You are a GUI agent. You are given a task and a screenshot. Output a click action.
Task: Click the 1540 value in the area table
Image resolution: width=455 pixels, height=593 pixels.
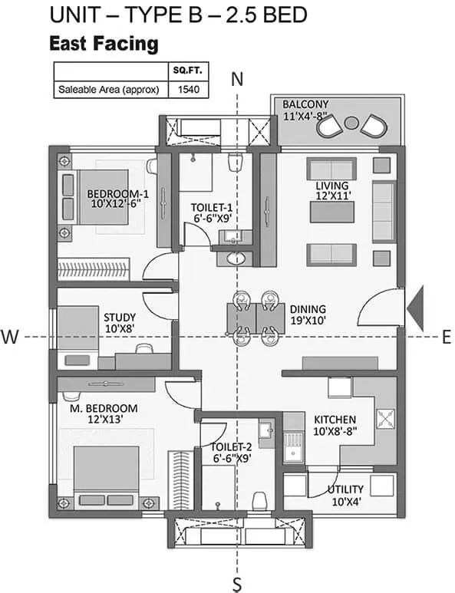[x=188, y=90]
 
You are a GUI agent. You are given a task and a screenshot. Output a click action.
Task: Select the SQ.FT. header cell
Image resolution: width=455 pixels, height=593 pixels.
[x=188, y=71]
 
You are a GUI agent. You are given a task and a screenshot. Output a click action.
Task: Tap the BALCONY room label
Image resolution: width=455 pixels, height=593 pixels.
[x=305, y=104]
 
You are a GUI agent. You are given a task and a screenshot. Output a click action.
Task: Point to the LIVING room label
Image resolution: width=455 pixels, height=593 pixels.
[x=332, y=186]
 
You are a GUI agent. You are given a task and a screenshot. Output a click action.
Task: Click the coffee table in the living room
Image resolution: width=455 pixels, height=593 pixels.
[x=332, y=212]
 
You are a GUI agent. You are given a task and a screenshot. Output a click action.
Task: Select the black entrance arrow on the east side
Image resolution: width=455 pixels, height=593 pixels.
[x=415, y=308]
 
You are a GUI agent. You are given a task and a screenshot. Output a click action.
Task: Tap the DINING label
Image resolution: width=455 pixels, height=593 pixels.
[x=308, y=309]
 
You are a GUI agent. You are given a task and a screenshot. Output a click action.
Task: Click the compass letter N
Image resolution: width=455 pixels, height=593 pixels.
[x=237, y=79]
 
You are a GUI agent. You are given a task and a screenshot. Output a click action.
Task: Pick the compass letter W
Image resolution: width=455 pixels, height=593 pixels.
[x=10, y=336]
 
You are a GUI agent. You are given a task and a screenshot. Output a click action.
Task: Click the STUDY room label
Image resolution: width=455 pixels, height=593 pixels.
[x=120, y=317]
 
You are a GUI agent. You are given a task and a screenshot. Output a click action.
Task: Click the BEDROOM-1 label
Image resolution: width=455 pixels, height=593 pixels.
[x=117, y=194]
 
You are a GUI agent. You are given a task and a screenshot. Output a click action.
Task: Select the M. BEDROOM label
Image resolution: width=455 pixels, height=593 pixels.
[x=104, y=408]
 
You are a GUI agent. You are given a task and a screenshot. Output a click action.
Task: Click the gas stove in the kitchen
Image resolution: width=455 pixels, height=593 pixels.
[x=385, y=418]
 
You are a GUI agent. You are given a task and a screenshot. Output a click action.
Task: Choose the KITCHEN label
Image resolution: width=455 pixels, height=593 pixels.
[x=335, y=420]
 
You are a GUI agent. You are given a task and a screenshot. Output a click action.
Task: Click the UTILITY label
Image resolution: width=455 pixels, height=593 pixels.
[x=345, y=489]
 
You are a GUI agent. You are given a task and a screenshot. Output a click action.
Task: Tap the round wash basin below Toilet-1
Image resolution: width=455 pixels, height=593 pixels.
[x=236, y=259]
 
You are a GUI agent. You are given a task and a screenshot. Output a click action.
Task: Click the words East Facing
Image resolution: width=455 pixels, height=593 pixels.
[x=104, y=44]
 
